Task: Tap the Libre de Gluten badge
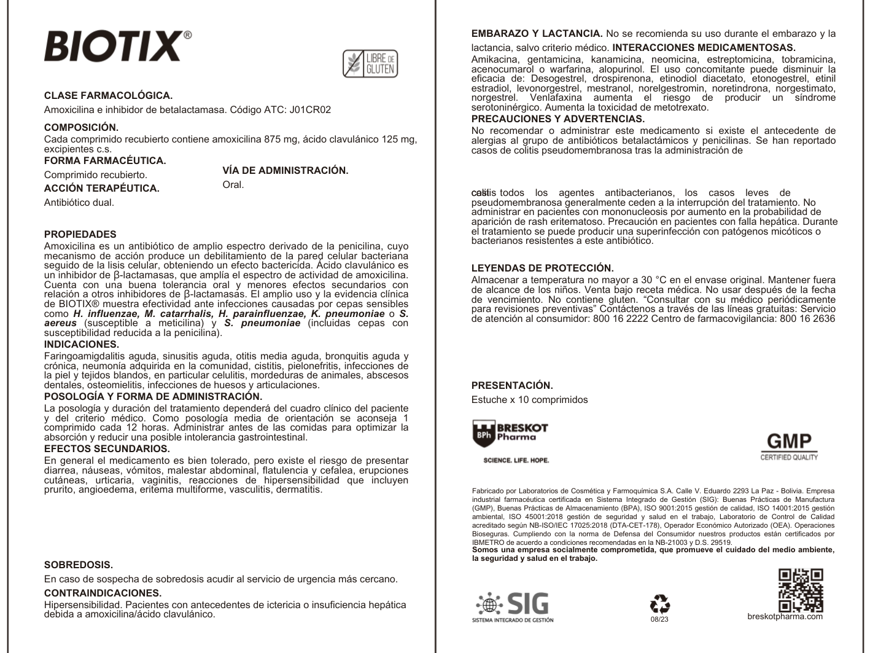click(x=370, y=63)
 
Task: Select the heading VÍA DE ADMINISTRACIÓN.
click(x=285, y=171)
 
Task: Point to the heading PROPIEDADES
click(x=80, y=234)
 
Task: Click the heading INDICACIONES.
click(x=81, y=344)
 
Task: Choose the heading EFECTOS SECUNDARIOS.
click(x=107, y=448)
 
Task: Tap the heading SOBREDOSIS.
click(x=79, y=565)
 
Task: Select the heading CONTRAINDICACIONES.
click(x=103, y=593)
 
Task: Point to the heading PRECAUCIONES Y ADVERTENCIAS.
click(x=558, y=119)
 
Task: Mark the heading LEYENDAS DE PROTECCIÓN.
click(x=542, y=268)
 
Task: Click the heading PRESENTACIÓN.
click(x=512, y=385)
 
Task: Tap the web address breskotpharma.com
click(x=785, y=616)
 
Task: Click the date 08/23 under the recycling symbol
click(x=659, y=619)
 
